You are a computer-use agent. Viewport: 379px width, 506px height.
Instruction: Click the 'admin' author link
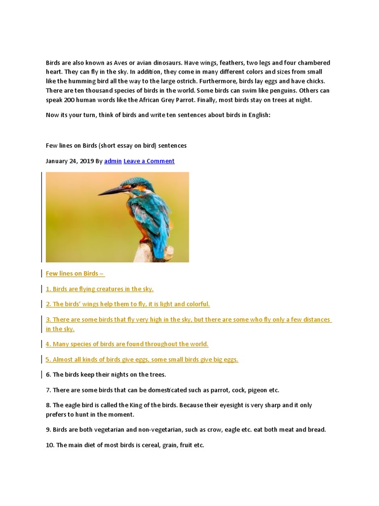(113, 161)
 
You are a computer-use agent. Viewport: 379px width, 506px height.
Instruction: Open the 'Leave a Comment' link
(149, 161)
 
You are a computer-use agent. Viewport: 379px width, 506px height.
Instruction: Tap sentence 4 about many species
(127, 344)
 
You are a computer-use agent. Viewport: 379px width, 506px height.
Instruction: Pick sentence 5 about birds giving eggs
(142, 359)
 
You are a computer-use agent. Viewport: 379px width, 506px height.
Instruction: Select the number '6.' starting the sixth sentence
(48, 375)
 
